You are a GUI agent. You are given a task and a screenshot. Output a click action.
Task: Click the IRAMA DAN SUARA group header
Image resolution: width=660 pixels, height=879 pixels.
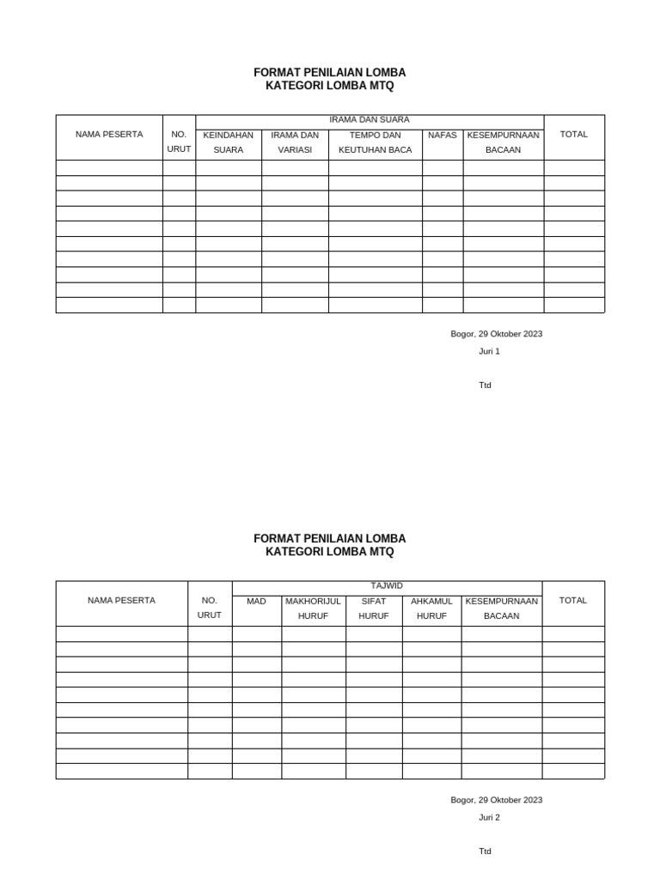370,120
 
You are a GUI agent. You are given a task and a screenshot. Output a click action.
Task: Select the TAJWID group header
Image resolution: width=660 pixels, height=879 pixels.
387,585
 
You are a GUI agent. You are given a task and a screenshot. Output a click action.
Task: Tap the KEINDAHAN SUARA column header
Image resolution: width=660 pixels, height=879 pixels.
228,142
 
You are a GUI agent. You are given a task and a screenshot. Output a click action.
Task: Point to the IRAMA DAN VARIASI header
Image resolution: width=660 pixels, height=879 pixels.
295,142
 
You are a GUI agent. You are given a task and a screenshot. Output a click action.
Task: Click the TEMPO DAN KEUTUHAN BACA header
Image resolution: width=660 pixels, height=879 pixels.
376,142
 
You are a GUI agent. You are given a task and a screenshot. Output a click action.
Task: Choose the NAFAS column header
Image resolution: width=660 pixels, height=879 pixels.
443,136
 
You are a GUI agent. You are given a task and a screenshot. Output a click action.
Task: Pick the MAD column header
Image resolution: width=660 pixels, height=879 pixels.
256,602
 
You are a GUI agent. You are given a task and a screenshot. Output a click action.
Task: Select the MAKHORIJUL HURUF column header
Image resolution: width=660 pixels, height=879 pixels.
313,609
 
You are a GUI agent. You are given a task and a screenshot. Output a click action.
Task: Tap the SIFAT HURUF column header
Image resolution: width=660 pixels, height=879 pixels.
374,609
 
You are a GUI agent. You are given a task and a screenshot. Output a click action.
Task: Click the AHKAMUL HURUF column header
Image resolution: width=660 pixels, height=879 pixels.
431,609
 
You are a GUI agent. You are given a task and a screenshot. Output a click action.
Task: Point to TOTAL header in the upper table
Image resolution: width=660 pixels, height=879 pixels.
574,135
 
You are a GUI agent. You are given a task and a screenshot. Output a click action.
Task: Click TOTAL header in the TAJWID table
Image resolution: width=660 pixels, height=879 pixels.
573,601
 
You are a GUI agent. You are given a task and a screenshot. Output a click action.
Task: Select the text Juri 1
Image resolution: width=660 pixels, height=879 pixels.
489,351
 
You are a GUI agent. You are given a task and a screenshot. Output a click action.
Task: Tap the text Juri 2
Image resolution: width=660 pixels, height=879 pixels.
489,817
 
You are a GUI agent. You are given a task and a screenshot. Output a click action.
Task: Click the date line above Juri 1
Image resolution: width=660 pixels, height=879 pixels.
497,334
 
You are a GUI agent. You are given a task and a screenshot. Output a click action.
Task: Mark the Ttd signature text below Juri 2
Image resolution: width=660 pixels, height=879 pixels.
486,852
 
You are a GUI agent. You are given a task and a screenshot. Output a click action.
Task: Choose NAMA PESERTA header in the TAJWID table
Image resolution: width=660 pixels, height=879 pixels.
121,601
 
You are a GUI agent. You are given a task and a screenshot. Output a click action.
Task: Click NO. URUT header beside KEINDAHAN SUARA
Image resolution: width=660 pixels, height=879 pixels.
179,142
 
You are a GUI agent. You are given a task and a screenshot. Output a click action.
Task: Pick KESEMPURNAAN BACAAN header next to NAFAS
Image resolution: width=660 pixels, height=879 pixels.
504,142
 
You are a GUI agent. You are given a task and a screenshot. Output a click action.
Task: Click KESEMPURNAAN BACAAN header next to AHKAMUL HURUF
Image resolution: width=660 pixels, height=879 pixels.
502,609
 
